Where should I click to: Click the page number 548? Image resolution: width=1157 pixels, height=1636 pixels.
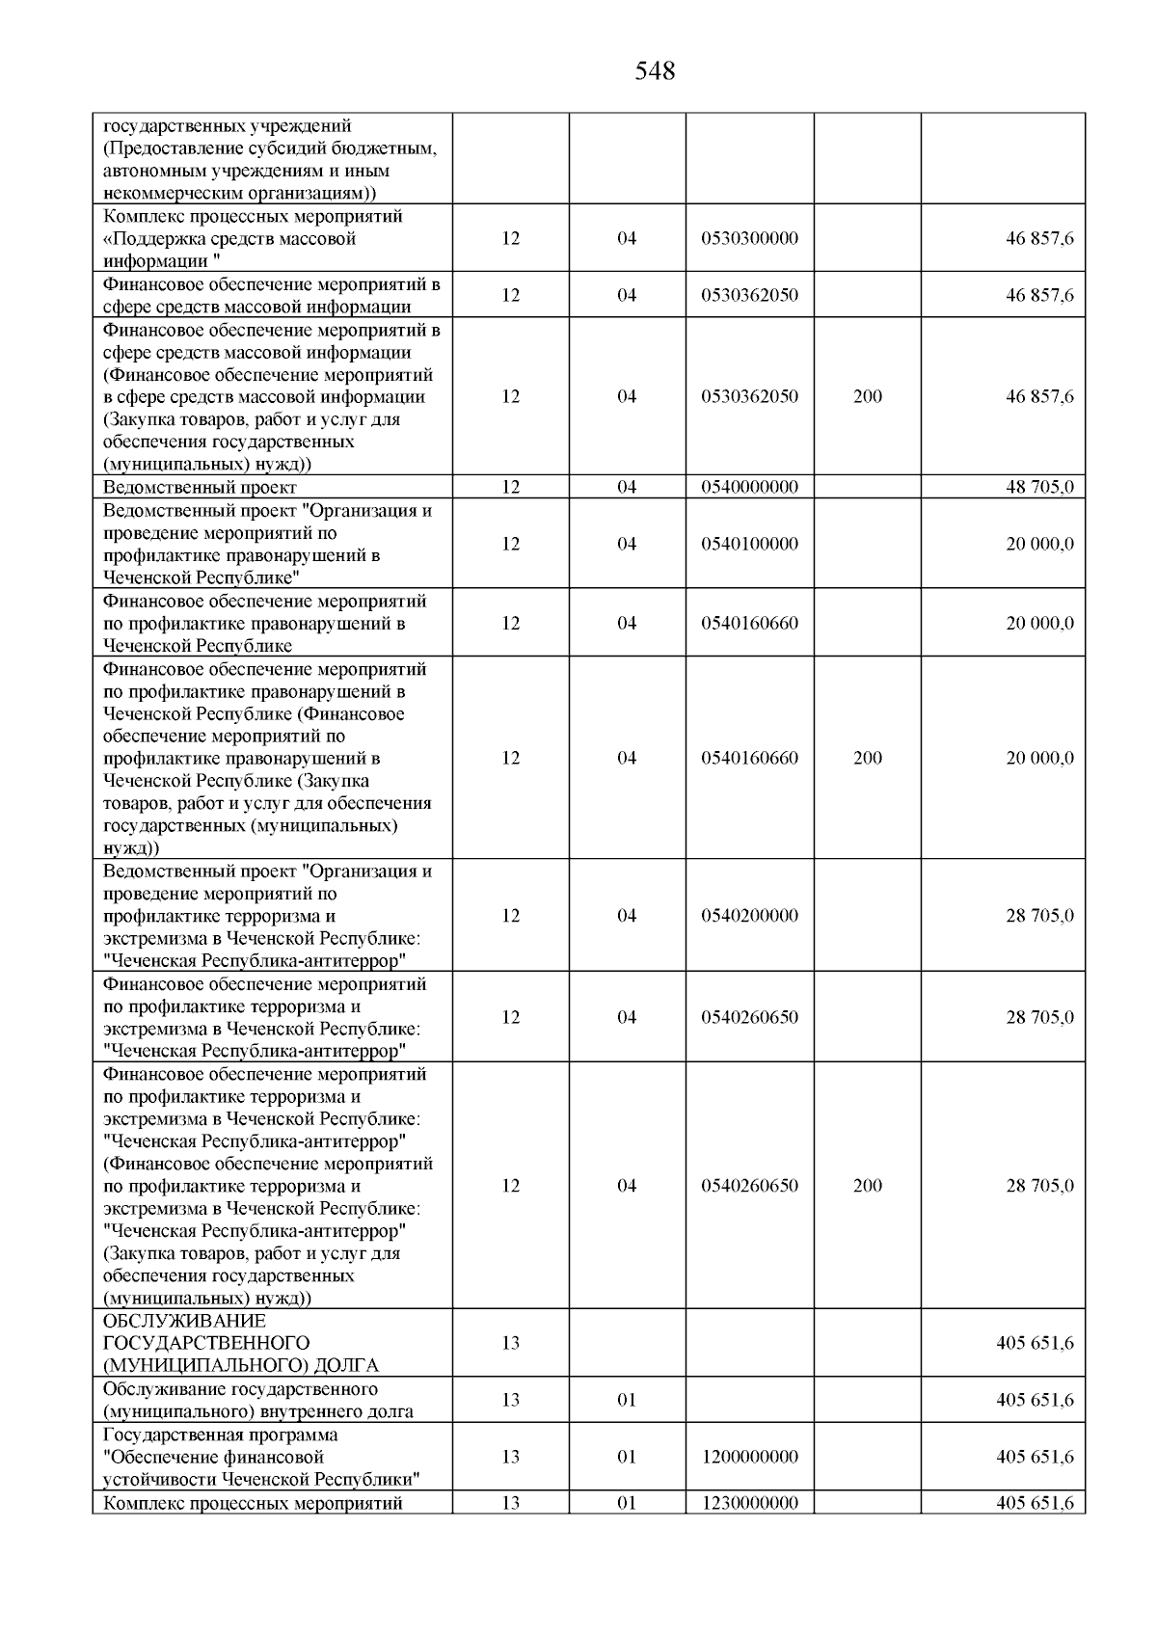pos(655,71)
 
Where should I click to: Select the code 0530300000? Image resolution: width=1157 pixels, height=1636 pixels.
pos(749,238)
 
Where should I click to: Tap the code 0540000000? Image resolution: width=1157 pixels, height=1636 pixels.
pos(749,488)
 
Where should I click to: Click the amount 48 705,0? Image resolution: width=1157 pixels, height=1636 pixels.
pos(1039,488)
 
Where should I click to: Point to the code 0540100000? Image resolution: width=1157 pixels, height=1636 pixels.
pos(749,544)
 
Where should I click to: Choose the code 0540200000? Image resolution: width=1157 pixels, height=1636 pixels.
pos(749,916)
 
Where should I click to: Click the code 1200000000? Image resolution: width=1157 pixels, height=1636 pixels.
pos(749,1457)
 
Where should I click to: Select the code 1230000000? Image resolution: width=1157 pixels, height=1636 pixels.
pos(749,1503)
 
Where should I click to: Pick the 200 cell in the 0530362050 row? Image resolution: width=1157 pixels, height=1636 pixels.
pos(867,396)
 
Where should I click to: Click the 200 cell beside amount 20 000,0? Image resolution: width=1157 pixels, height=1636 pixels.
pos(867,758)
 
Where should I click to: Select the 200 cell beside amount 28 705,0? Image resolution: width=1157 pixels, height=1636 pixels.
pos(867,1186)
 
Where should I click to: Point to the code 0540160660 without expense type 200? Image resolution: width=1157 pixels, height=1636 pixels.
pos(749,623)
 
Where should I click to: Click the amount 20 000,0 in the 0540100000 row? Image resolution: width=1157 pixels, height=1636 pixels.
pos(1039,544)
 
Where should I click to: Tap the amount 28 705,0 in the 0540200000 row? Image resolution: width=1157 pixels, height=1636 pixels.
pos(1039,916)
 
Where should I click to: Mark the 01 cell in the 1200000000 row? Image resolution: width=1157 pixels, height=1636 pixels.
pos(627,1457)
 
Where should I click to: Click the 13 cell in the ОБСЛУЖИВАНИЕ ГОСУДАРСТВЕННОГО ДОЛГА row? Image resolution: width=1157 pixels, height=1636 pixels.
pos(511,1343)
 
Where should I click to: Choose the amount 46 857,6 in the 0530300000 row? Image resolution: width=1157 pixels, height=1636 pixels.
pos(1039,238)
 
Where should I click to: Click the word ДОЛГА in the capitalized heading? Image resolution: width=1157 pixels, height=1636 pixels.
pos(346,1365)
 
